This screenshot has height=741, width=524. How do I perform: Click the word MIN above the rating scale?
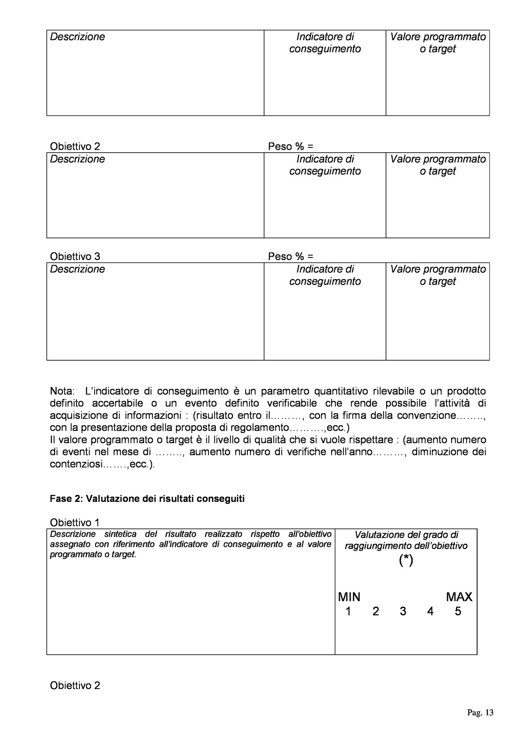pyautogui.click(x=349, y=597)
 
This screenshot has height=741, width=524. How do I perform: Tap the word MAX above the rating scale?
pyautogui.click(x=459, y=597)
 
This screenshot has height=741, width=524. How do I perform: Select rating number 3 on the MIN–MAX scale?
pyautogui.click(x=403, y=611)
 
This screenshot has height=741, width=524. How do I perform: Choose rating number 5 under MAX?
pyautogui.click(x=458, y=611)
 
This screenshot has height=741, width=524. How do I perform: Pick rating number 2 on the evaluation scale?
pyautogui.click(x=376, y=611)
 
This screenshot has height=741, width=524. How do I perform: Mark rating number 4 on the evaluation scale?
pyautogui.click(x=430, y=611)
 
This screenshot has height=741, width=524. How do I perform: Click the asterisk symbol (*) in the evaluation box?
pyautogui.click(x=406, y=560)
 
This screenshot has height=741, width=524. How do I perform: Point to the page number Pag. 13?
pyautogui.click(x=480, y=713)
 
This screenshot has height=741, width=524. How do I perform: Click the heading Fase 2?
pyautogui.click(x=147, y=499)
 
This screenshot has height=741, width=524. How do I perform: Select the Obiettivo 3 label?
pyautogui.click(x=75, y=257)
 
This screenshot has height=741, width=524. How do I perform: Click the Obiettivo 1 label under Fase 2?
pyautogui.click(x=75, y=522)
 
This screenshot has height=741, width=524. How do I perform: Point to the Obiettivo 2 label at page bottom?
pyautogui.click(x=75, y=685)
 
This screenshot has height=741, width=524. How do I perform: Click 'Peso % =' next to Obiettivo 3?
pyautogui.click(x=290, y=257)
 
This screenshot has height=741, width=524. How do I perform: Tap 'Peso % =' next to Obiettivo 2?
pyautogui.click(x=290, y=147)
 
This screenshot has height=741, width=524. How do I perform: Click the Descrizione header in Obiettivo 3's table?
pyautogui.click(x=77, y=269)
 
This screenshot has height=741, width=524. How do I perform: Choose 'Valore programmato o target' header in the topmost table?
pyautogui.click(x=438, y=43)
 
